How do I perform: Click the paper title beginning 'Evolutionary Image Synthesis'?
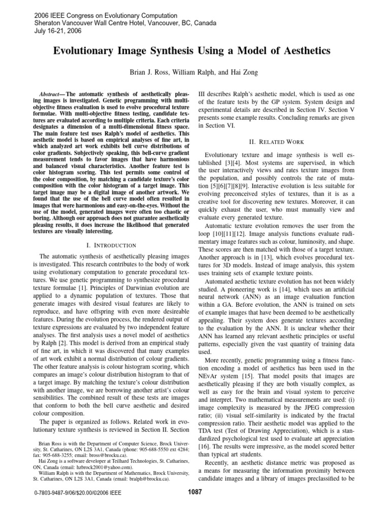point(195,51)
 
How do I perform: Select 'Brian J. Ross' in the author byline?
point(152,73)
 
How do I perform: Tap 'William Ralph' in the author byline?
point(194,73)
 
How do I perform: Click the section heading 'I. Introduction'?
point(111,245)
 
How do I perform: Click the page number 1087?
point(194,492)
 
